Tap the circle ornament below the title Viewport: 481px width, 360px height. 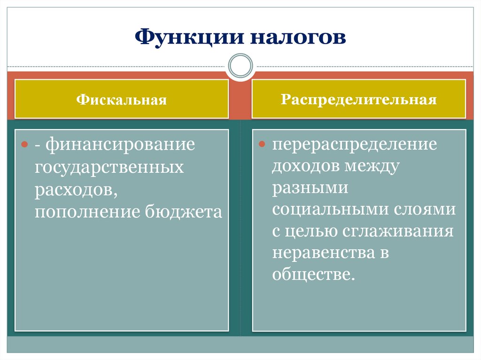coord(240,65)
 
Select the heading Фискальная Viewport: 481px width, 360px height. coord(122,100)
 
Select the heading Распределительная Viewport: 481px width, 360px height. coord(359,100)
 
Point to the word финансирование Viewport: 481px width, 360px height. coord(120,145)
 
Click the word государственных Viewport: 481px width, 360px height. coord(109,167)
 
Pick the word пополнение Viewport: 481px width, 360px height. coord(87,212)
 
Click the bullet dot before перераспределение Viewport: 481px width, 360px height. coord(263,143)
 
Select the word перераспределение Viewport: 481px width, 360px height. coord(355,145)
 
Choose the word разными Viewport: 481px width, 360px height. coord(310,190)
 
